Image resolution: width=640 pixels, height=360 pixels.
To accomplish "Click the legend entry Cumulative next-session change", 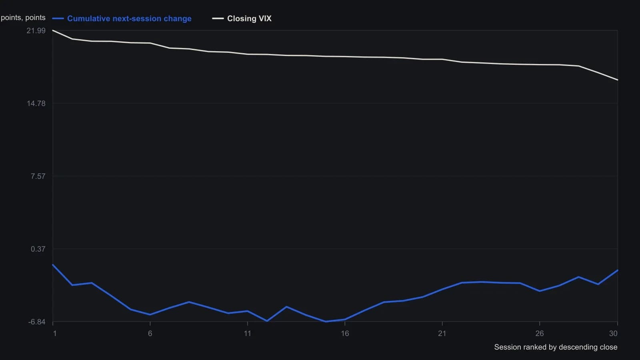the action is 129,18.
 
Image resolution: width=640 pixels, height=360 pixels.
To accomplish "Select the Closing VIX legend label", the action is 249,18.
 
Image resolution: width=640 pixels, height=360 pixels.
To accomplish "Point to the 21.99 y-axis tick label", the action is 36,30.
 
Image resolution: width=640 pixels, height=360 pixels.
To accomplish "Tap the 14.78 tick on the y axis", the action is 36,104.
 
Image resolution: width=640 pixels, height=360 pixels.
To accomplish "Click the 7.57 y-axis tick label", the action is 38,176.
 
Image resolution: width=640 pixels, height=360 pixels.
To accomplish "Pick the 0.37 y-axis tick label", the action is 38,249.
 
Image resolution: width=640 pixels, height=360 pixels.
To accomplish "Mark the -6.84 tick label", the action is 37,322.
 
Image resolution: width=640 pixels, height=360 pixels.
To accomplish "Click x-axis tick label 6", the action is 150,334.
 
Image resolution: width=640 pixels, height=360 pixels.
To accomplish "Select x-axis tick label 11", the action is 248,334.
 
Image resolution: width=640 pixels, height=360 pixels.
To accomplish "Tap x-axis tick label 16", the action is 345,334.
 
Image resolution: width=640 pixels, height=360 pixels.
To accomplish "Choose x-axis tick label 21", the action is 442,334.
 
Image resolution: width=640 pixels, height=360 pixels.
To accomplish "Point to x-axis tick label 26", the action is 540,334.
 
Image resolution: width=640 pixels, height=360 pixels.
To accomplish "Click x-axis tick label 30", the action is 613,334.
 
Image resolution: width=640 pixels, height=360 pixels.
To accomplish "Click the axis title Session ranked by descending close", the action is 556,347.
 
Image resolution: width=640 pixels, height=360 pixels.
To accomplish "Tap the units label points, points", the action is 23,18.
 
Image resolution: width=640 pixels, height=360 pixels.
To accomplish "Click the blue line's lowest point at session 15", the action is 326,322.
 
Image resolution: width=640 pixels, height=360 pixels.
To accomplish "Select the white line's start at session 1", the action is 53,30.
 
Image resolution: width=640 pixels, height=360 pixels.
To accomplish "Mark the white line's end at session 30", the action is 618,80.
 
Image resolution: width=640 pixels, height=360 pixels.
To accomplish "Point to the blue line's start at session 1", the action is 53,265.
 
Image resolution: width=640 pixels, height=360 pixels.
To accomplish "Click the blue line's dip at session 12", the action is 267,321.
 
